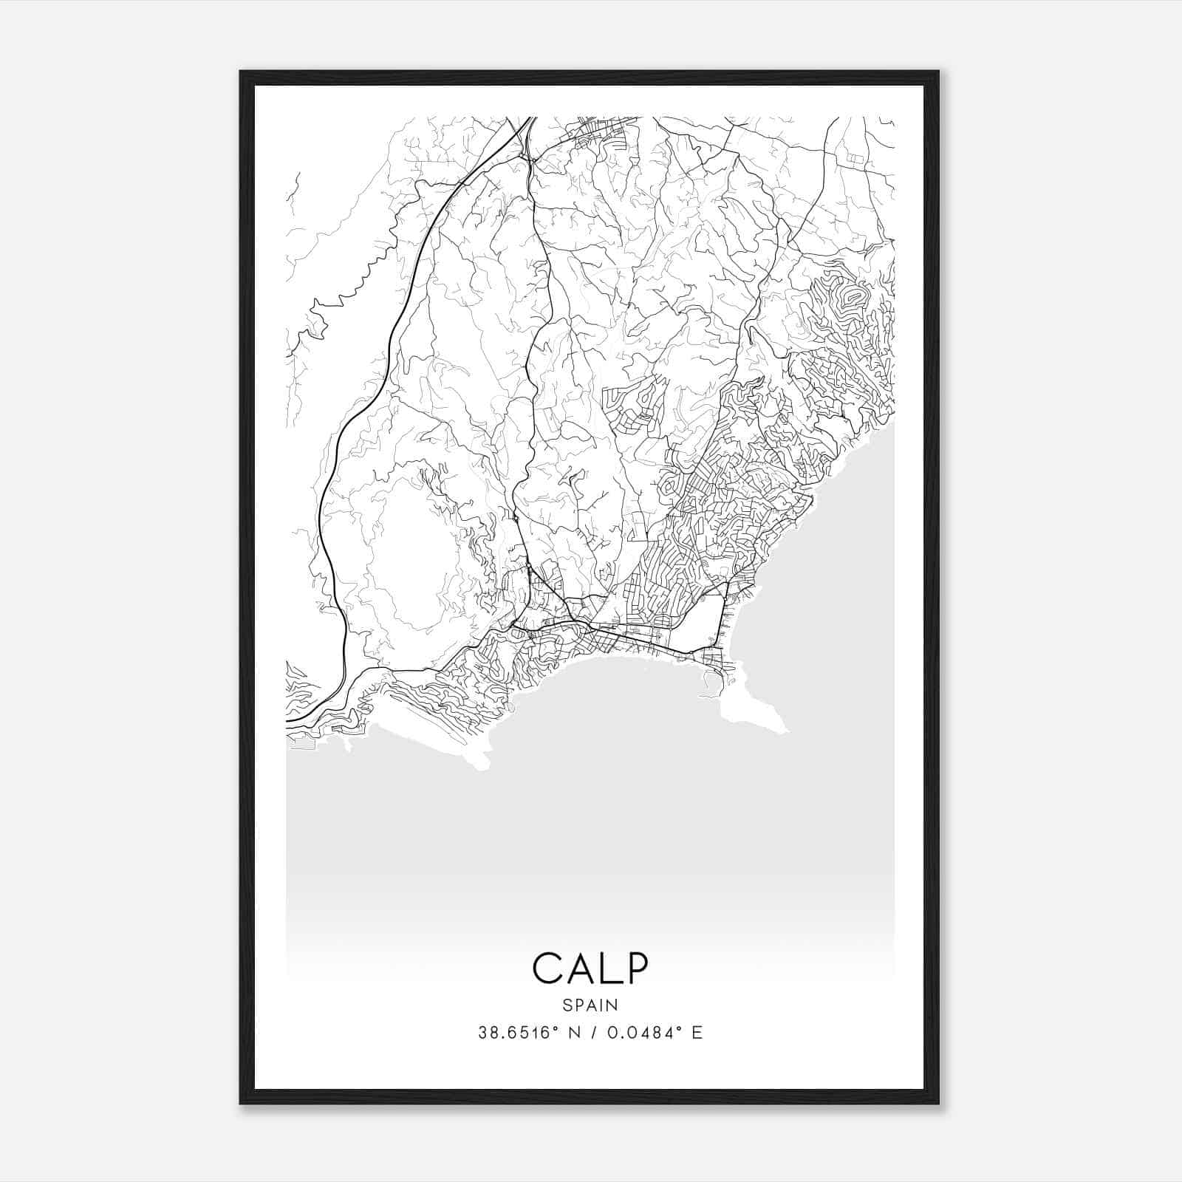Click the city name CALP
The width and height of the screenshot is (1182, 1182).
pos(590,969)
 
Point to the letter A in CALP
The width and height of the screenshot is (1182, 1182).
pos(578,969)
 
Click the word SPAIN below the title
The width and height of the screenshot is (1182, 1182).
pos(590,1005)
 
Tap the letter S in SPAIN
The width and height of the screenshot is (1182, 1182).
pos(567,1005)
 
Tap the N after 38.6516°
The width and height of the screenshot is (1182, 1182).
pos(573,1033)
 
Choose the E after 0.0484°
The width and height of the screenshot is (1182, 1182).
pos(697,1033)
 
